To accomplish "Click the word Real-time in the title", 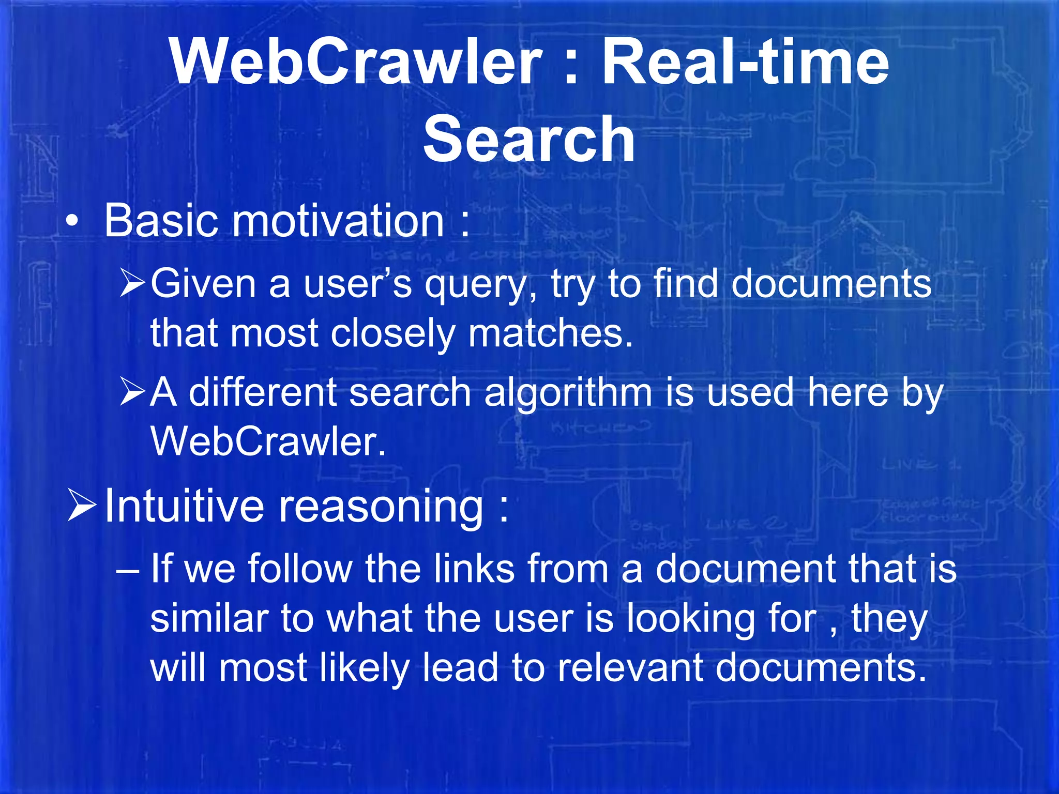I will tap(746, 63).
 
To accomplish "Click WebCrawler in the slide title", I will tap(356, 63).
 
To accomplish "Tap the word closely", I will tap(392, 333).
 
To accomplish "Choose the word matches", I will tap(550, 333).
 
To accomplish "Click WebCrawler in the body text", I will tap(268, 441).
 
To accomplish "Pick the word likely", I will tap(365, 668).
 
